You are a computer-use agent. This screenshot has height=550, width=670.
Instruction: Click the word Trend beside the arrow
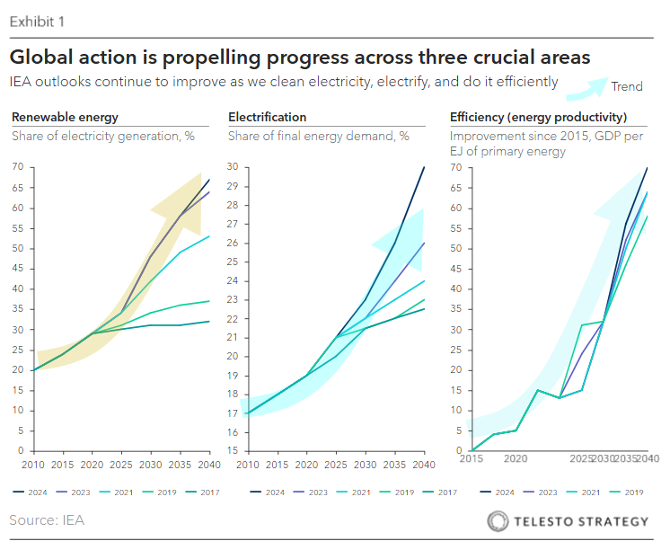[627, 86]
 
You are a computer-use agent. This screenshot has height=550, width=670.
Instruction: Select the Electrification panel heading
[267, 118]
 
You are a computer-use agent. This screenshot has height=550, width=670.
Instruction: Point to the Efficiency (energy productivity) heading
[538, 118]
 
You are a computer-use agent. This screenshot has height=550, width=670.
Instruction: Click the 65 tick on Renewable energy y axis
[17, 187]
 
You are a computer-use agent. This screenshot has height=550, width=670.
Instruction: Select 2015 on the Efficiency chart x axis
[471, 458]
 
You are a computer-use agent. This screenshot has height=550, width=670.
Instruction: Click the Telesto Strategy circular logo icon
[498, 521]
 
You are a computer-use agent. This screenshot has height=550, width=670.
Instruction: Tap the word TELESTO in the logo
[543, 521]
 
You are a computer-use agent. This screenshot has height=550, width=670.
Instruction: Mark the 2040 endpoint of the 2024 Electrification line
[423, 167]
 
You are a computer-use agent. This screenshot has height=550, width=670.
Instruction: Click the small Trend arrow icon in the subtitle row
[585, 85]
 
